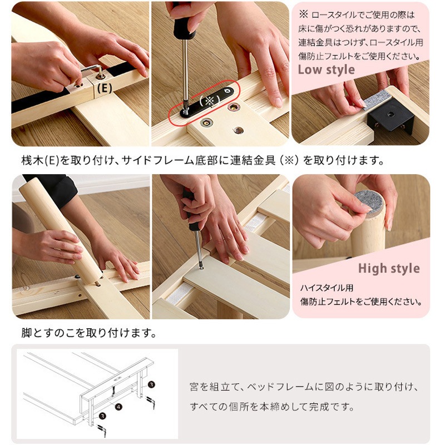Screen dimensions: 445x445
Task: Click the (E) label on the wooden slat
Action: click(105, 88)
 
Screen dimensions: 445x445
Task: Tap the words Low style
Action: click(326, 70)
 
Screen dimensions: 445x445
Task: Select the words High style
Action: click(389, 269)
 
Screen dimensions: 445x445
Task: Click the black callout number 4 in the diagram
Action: click(119, 407)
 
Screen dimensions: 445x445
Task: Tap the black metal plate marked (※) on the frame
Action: click(207, 102)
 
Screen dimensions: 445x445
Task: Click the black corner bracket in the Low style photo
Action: click(390, 116)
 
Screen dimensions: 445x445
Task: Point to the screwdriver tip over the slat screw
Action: click(201, 267)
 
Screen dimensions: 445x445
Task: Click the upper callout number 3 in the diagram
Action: click(152, 384)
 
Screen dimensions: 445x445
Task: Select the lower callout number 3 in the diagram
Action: click(103, 416)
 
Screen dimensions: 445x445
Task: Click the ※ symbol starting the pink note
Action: click(303, 14)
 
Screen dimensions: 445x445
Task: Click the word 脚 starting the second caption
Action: click(26, 333)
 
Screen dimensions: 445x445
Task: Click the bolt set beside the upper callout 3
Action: click(150, 402)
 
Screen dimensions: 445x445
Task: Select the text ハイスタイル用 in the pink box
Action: click(327, 288)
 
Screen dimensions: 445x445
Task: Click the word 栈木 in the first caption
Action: click(33, 161)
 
